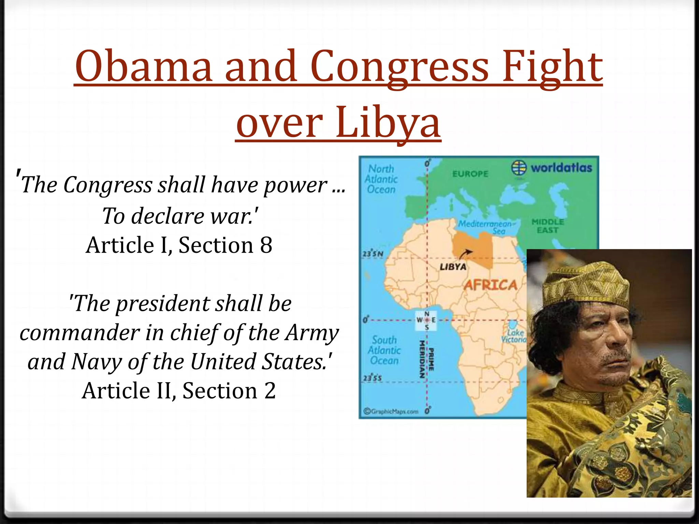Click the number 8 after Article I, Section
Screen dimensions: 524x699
tap(266, 245)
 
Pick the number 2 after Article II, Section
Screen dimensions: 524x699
tap(270, 391)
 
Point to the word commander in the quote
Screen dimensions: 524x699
tap(80, 333)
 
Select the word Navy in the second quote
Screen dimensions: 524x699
tap(97, 362)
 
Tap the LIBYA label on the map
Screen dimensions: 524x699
tap(453, 267)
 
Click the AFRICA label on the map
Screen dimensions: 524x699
tap(490, 285)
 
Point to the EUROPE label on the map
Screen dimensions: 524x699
tap(470, 174)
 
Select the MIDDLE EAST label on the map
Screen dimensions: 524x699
tap(547, 226)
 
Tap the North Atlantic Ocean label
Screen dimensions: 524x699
tap(381, 179)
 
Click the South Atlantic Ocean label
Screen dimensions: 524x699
tap(384, 350)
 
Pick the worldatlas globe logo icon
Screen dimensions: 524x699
tap(519, 168)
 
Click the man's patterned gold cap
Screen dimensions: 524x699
tap(585, 283)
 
